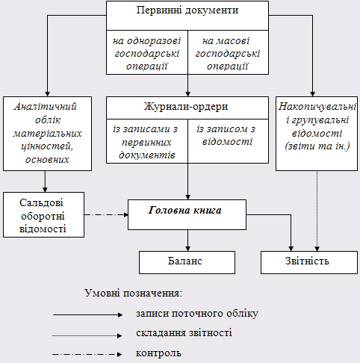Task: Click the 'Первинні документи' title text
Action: tap(187, 10)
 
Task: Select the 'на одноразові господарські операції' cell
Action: tap(147, 52)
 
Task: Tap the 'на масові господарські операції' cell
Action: tap(228, 52)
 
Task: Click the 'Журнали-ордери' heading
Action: tap(186, 107)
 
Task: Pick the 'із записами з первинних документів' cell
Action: tap(147, 141)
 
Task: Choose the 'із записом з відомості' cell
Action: tap(228, 141)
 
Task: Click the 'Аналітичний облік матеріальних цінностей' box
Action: tap(47, 134)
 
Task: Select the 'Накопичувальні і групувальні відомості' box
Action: tap(317, 134)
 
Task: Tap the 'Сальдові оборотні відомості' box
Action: tap(43, 214)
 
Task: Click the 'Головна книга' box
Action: tap(187, 214)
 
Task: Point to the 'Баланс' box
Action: tap(187, 262)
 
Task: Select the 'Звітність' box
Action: tap(309, 262)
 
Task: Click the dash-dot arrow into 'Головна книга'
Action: tap(106, 214)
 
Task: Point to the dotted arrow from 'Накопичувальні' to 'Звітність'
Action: tap(317, 211)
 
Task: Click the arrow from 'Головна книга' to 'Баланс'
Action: tap(188, 241)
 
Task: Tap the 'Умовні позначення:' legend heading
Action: tap(134, 293)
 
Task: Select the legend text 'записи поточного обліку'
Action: tap(197, 314)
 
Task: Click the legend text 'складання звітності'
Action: tap(184, 333)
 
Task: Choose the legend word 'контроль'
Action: tap(158, 353)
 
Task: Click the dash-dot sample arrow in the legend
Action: tap(87, 354)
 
